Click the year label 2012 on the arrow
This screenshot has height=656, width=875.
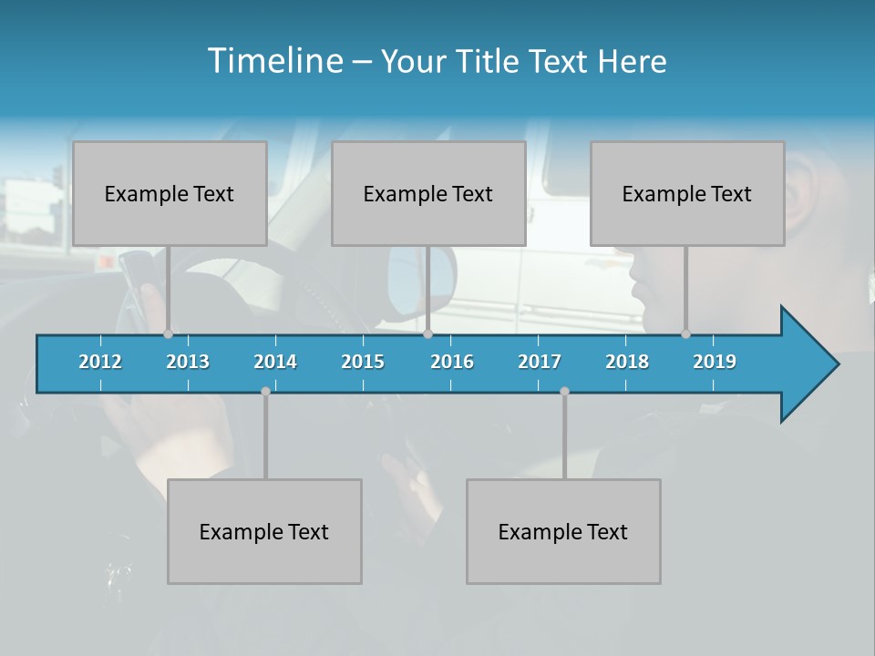[x=100, y=362]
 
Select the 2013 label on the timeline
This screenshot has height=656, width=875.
[x=188, y=362]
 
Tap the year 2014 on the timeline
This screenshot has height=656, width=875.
[x=275, y=362]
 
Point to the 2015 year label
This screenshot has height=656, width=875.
[x=363, y=362]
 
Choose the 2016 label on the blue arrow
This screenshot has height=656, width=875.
[x=452, y=362]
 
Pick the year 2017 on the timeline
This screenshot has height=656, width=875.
[x=540, y=362]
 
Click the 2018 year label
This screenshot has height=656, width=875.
[x=627, y=362]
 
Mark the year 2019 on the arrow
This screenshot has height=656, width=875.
[x=715, y=362]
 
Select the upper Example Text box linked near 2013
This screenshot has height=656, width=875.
[x=170, y=193]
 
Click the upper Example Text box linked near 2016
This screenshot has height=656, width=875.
[x=428, y=193]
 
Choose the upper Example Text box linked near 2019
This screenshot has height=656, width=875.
[x=687, y=193]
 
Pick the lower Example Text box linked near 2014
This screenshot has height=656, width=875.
[x=264, y=531]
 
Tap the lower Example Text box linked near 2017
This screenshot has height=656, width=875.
[x=563, y=531]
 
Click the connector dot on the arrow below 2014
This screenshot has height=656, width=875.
[x=265, y=391]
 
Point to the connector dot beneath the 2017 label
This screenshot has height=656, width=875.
[x=564, y=391]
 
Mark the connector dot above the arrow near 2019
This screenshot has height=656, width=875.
[x=686, y=333]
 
